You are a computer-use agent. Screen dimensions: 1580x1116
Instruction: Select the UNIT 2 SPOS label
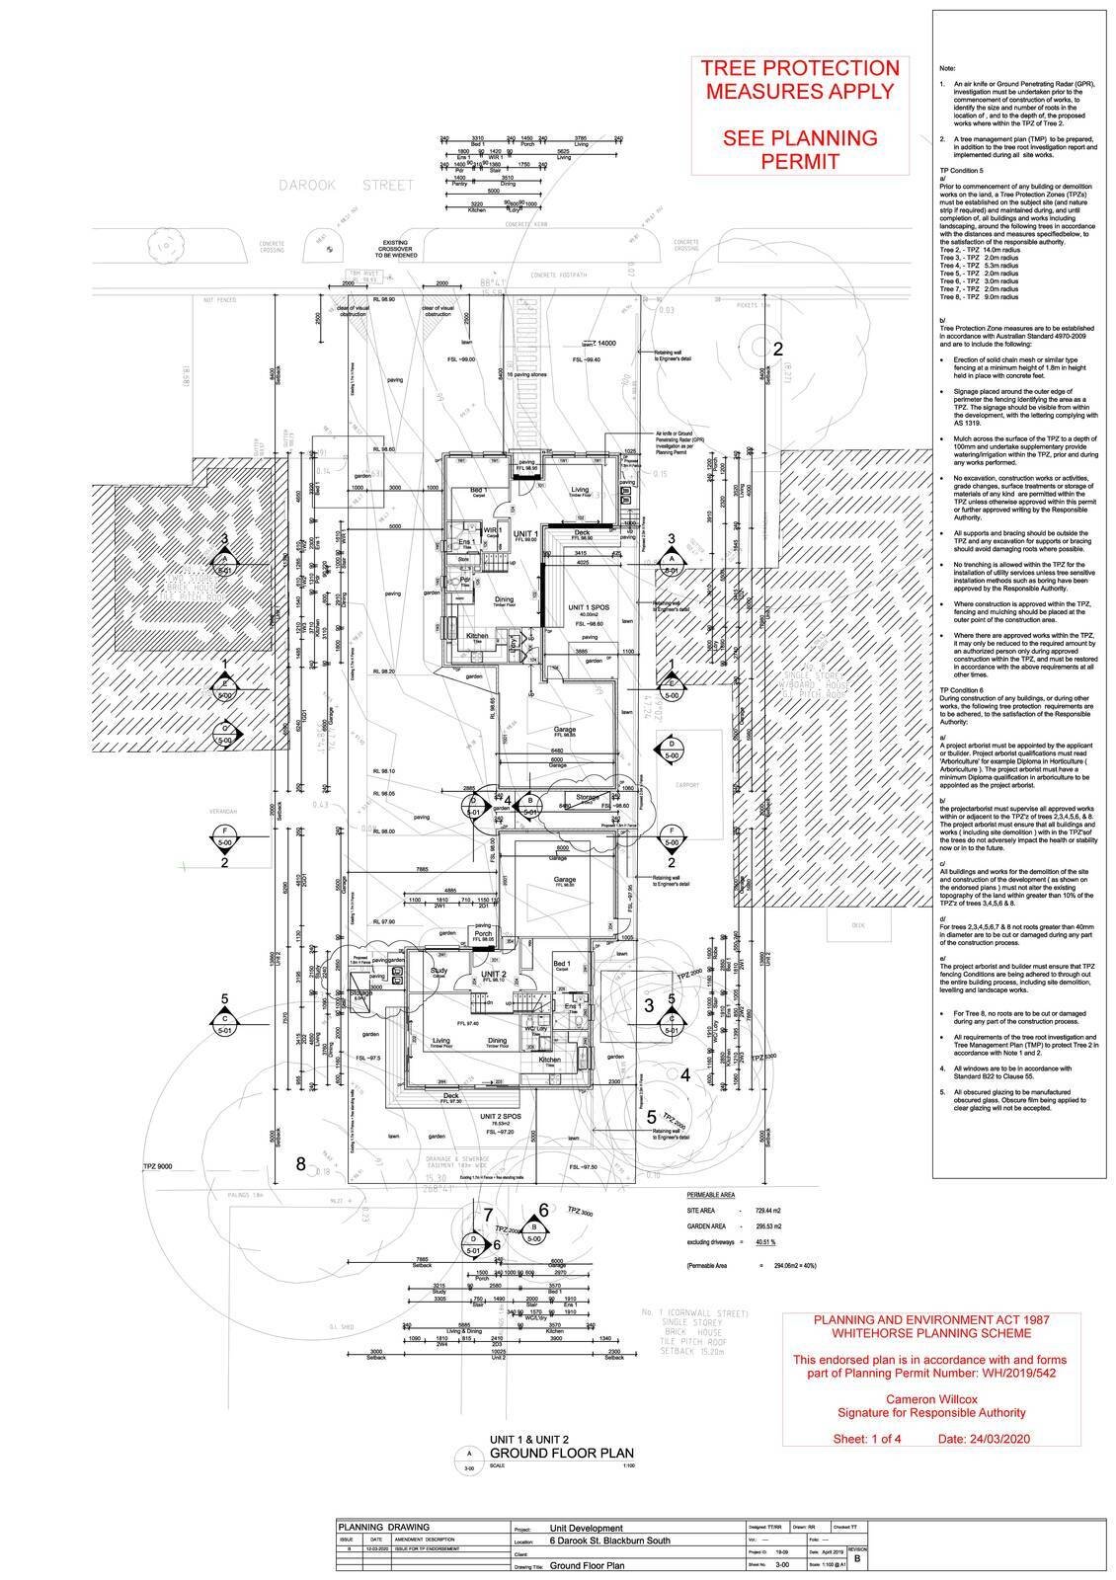coord(502,1116)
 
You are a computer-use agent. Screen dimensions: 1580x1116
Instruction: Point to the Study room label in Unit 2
coord(439,970)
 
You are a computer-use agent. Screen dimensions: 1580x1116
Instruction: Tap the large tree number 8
coord(301,1164)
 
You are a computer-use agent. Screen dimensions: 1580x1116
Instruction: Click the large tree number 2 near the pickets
coord(777,349)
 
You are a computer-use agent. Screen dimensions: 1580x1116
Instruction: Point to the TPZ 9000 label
coord(157,1166)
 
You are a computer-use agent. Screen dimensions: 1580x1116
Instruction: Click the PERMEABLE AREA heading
coord(711,1194)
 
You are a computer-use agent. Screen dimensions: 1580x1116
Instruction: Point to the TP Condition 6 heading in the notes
coord(961,689)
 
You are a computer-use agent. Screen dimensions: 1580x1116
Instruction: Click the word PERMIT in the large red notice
coord(800,161)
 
